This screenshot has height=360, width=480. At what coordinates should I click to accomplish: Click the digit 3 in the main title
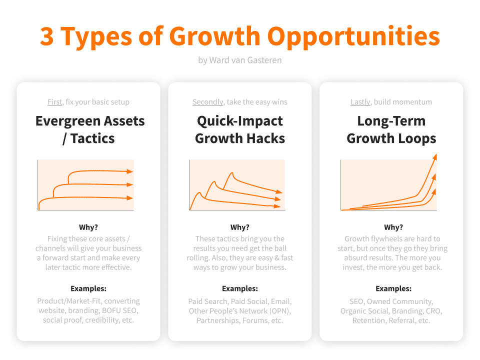pos(47,36)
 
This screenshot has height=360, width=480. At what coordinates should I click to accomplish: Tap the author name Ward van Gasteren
pos(245,60)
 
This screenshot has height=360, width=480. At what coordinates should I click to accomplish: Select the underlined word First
pos(55,102)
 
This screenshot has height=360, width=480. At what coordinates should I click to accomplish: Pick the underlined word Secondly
pos(208,102)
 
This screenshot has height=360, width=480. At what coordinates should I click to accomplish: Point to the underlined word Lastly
pos(360,102)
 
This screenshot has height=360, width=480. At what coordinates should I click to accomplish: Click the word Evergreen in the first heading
pos(68,121)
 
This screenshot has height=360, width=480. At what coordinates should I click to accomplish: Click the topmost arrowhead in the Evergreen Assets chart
pos(130,171)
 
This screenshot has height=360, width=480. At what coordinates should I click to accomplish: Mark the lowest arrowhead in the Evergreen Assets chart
pos(130,198)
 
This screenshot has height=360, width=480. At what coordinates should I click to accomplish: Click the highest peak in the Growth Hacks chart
pos(232,173)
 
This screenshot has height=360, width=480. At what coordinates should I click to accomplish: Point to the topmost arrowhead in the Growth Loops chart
pos(434,157)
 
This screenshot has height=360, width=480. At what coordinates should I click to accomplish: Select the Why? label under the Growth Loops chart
pos(393,227)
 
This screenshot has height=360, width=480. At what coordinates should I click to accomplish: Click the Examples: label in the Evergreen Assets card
pos(88,288)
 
